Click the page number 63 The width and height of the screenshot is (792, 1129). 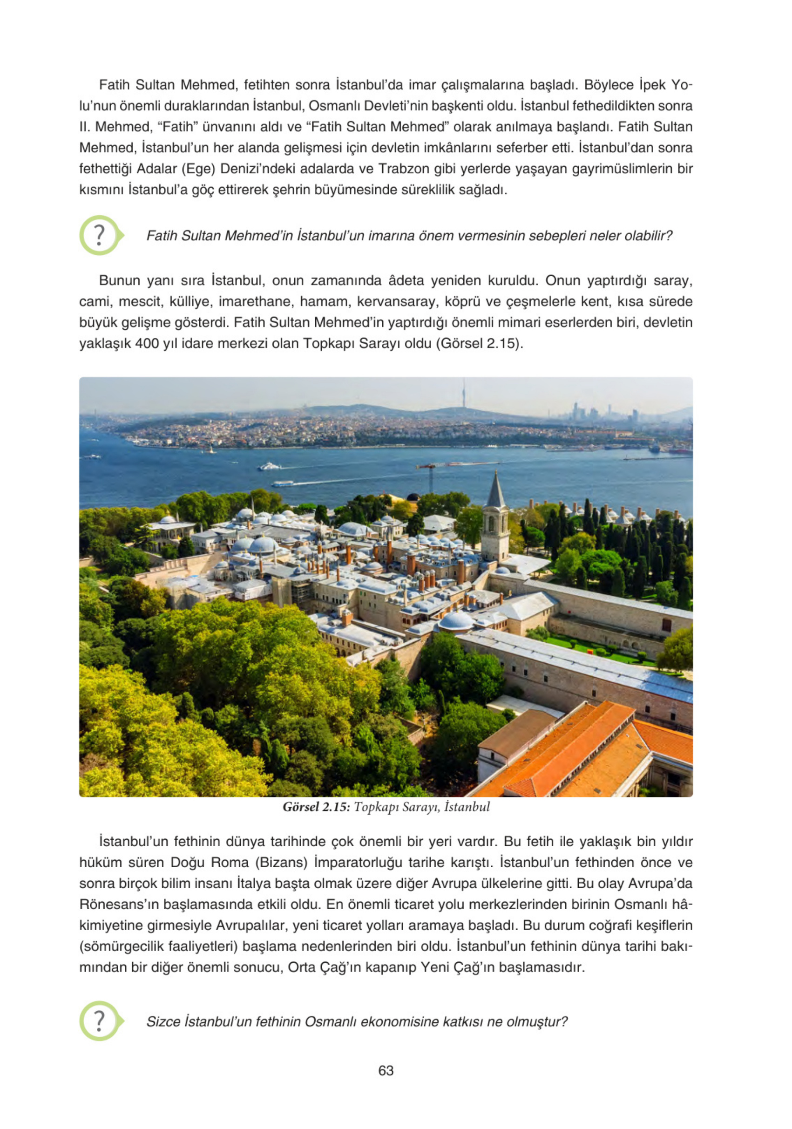coord(386,1070)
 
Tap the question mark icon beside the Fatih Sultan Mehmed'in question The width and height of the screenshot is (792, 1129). coord(100,236)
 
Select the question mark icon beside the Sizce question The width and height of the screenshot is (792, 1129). coord(100,1021)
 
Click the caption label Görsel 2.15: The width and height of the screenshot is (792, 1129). coord(316,807)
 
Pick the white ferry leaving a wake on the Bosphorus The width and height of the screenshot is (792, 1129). coord(269,466)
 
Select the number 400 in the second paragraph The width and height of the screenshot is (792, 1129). coord(147,343)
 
